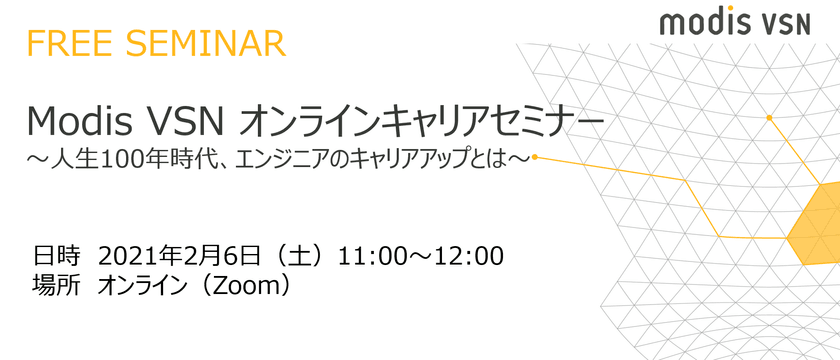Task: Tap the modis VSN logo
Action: coord(734,23)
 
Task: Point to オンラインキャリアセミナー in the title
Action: coord(422,123)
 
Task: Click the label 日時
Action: coord(57,256)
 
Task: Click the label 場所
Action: coord(57,287)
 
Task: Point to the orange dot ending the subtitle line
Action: coord(535,158)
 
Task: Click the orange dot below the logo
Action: coord(769,117)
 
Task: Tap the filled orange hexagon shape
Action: coord(814,223)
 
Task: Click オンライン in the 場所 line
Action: coord(145,287)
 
